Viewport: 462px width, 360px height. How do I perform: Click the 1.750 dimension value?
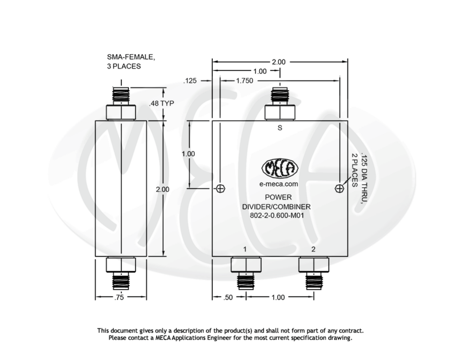coord(245,81)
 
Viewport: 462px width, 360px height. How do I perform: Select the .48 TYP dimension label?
coord(162,103)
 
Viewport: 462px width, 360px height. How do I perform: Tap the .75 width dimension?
coord(119,297)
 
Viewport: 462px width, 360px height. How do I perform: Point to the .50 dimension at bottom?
coord(228,297)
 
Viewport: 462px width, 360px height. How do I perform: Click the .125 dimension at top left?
coord(190,81)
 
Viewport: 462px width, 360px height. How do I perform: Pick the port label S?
coord(280,128)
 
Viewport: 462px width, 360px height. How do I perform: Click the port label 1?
coord(245,249)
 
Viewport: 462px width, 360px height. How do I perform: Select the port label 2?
coord(313,249)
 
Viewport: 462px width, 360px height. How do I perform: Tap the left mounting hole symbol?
coord(220,189)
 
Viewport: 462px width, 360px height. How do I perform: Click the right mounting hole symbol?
coord(339,189)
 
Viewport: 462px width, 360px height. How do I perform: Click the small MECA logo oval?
coord(280,168)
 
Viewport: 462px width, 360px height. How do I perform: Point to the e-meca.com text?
coord(279,184)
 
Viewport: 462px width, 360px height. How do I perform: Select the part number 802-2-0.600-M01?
coord(277,216)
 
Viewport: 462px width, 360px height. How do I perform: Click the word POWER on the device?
coord(278,197)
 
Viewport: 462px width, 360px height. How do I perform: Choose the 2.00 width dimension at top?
coord(279,62)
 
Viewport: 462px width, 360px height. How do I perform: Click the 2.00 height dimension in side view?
coord(162,189)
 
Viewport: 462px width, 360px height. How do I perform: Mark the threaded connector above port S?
coord(280,95)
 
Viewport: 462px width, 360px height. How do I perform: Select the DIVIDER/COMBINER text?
coord(276,207)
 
